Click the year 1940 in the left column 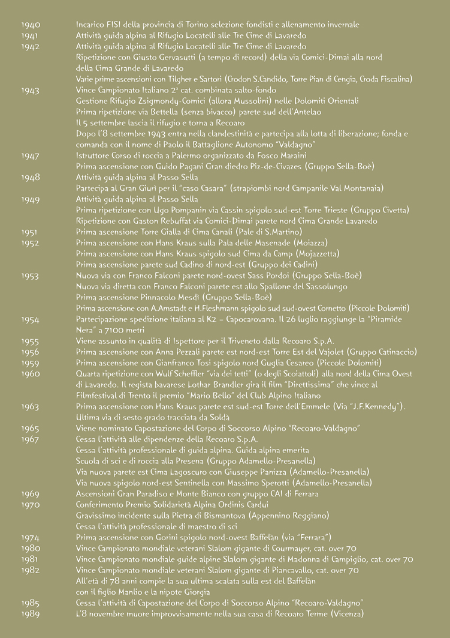31,25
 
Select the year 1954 31,319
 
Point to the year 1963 31,407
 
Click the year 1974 31,537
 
